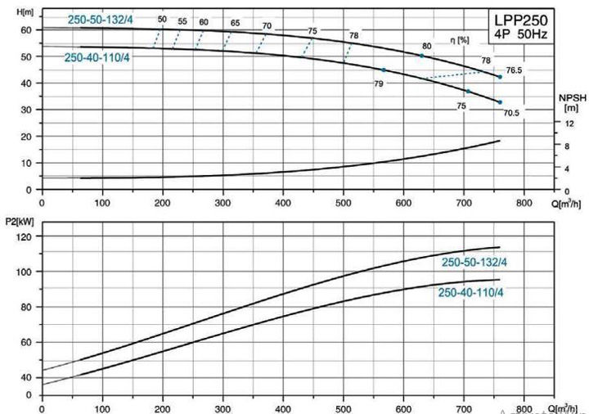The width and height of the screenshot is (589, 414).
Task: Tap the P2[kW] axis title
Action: coord(20,220)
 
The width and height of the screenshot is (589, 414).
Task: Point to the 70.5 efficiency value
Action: coord(510,113)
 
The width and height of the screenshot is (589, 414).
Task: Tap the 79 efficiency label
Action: coord(378,83)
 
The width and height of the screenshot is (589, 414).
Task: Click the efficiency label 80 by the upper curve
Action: coord(426,46)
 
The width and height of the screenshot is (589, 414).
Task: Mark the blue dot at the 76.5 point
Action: coord(500,77)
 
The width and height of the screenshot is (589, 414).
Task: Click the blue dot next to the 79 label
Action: coord(384,70)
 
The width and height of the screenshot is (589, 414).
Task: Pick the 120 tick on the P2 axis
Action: coord(24,236)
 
